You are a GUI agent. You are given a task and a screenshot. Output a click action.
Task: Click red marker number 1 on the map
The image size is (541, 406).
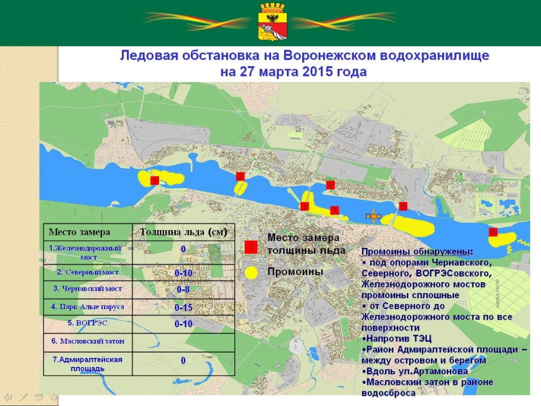(154, 181)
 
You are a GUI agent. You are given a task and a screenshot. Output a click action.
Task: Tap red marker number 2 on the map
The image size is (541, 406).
(240, 176)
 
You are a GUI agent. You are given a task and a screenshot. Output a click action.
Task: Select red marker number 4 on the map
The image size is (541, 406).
(330, 185)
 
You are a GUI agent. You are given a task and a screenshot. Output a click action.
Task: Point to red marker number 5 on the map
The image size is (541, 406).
(403, 206)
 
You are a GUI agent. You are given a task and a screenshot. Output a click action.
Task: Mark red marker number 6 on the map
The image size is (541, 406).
(492, 232)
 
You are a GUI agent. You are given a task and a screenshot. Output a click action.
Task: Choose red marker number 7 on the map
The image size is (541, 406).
(334, 210)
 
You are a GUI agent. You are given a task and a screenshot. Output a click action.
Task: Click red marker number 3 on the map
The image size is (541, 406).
(304, 207)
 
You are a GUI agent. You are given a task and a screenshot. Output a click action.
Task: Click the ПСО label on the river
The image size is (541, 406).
(373, 216)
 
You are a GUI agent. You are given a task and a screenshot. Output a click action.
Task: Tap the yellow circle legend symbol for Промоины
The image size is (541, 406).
(252, 272)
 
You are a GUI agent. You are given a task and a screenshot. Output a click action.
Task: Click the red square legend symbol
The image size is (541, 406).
(251, 247)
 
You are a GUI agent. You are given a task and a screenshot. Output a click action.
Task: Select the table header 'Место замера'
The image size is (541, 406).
(79, 232)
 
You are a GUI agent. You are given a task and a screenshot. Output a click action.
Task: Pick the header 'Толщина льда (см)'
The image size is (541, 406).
(183, 232)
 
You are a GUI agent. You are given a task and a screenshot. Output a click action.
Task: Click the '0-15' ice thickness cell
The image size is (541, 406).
(183, 307)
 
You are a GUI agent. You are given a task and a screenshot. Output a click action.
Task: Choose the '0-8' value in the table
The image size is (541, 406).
(183, 290)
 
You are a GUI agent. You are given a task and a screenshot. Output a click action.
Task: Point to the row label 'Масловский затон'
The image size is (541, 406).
(88, 341)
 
